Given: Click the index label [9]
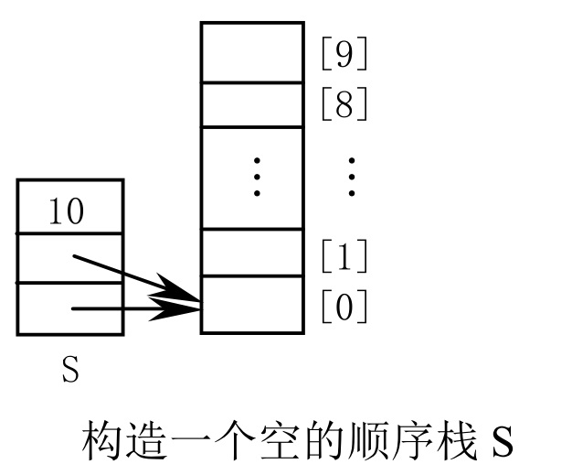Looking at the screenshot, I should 344,57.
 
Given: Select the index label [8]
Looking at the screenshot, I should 344,105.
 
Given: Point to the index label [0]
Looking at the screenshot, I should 344,307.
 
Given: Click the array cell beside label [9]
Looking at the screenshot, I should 251,52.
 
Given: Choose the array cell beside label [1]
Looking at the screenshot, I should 251,253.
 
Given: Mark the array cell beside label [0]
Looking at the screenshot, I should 251,305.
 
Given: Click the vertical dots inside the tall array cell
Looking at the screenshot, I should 257,177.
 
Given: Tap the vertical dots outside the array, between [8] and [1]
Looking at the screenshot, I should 352,177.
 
